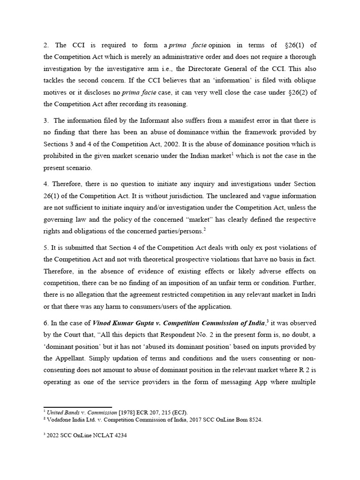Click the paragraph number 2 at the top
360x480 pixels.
coord(45,45)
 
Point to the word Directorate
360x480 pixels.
coord(227,69)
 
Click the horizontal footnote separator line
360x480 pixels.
coord(77,407)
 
